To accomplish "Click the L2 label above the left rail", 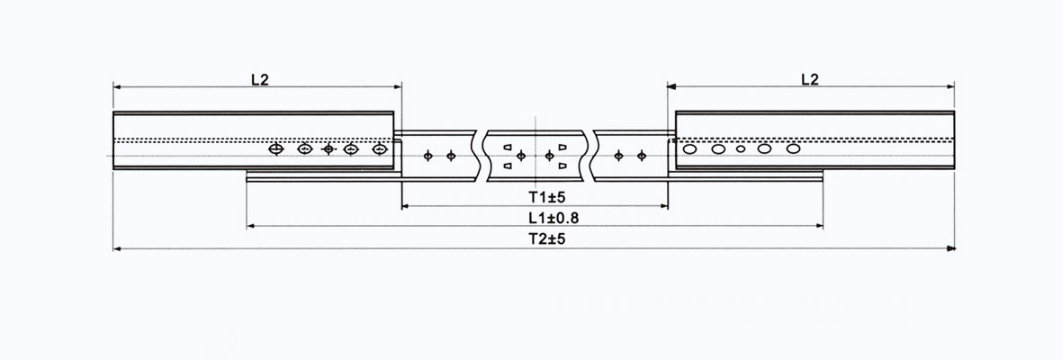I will click(259, 79).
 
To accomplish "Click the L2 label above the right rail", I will click(809, 79).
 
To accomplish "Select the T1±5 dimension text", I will click(535, 196).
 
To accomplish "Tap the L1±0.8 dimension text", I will click(535, 217).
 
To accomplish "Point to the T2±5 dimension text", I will click(535, 238).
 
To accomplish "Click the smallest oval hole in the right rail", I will click(741, 148).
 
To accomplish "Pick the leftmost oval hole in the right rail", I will click(690, 148).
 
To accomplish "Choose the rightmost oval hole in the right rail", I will click(793, 148).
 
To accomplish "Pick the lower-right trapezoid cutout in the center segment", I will click(562, 166).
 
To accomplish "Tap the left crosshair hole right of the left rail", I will click(428, 156).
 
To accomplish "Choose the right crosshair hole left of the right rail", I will click(642, 156).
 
